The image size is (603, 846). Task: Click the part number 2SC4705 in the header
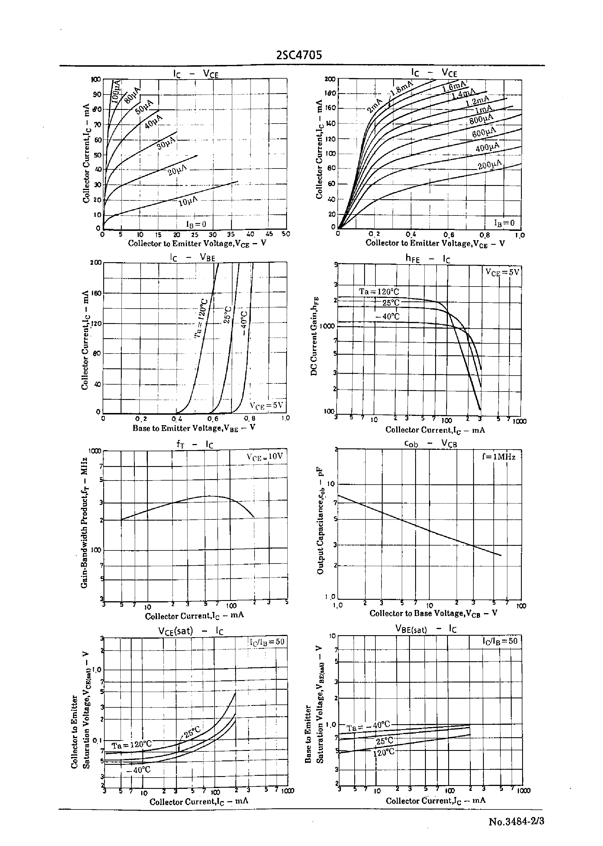(x=299, y=55)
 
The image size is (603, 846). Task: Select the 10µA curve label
(x=188, y=201)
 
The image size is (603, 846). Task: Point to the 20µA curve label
(x=177, y=171)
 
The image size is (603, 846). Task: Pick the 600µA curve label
(x=484, y=132)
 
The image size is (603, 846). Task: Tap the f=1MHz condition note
(x=499, y=457)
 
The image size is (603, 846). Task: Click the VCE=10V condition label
(x=265, y=456)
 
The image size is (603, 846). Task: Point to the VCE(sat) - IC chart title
(x=190, y=631)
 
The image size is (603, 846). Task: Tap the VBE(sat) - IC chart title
(x=426, y=629)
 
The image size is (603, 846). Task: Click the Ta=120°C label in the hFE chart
(x=379, y=291)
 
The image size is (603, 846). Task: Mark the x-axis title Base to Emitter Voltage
(x=194, y=428)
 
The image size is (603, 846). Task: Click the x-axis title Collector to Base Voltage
(x=433, y=613)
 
